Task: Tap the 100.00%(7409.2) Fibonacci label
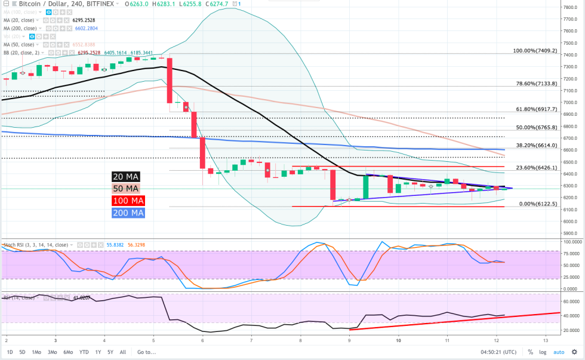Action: pyautogui.click(x=535, y=51)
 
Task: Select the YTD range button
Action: pyautogui.click(x=85, y=352)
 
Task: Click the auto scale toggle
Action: pyautogui.click(x=558, y=352)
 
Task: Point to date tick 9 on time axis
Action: pyautogui.click(x=349, y=340)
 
